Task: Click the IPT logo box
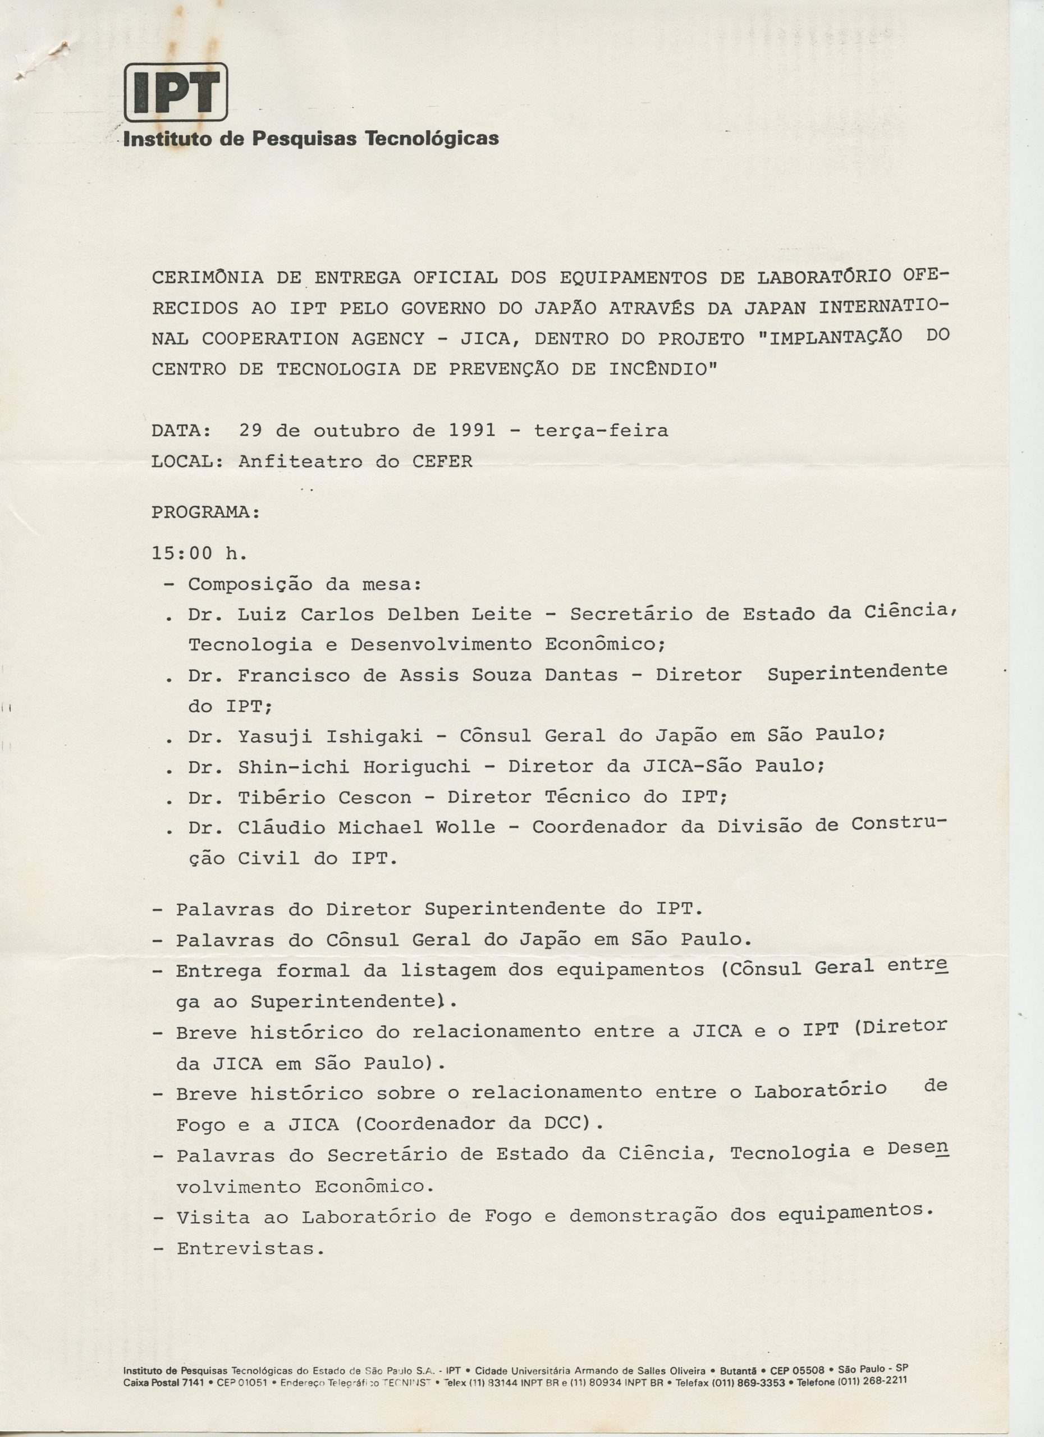coord(176,93)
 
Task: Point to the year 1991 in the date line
coord(472,431)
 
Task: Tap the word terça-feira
coord(601,432)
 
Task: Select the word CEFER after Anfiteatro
coord(442,461)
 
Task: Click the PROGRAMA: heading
coord(206,512)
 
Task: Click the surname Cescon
coord(374,798)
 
